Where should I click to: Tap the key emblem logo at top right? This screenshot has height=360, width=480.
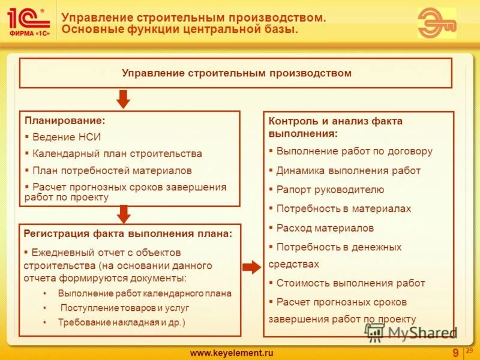(436, 23)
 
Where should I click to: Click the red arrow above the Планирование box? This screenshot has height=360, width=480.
(123, 99)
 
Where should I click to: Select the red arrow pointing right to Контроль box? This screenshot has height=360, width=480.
(251, 267)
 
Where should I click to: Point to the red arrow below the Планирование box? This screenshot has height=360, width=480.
(124, 214)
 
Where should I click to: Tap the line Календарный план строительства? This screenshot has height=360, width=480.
(117, 154)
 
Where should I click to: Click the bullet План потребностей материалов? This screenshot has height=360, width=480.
(112, 170)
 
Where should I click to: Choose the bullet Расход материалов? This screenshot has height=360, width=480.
(325, 228)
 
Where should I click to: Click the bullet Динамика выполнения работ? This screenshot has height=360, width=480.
(348, 170)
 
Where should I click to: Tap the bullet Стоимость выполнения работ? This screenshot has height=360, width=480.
(350, 283)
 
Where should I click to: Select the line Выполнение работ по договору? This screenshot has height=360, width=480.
(354, 151)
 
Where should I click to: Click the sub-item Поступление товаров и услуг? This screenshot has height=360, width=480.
(124, 308)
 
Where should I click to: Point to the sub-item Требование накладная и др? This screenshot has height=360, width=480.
(122, 322)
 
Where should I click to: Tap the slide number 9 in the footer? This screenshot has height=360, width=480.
(455, 352)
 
